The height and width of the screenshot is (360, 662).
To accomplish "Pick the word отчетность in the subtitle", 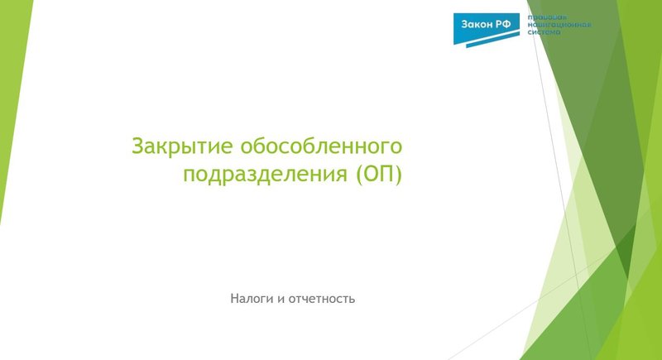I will [322, 297].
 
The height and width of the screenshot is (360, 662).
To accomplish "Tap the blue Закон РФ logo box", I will [487, 26].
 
